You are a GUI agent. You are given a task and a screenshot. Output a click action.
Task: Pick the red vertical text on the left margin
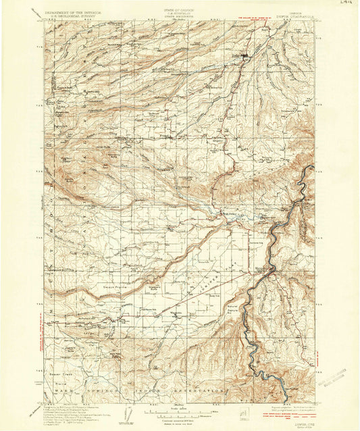coord(42,338)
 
